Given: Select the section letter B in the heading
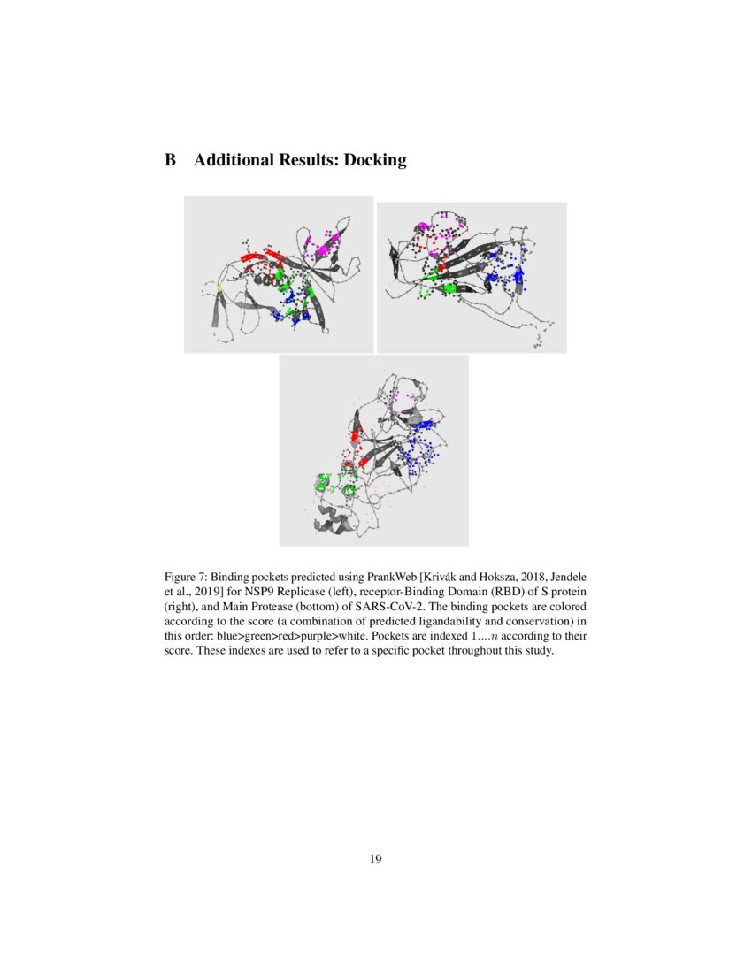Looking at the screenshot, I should point(170,160).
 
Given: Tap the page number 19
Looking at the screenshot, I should point(376,858).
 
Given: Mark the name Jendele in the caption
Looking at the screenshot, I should point(566,575).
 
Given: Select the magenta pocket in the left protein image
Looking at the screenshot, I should point(320,245).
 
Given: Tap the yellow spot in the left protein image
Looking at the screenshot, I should point(220,286).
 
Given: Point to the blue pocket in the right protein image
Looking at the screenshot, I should point(514,274).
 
